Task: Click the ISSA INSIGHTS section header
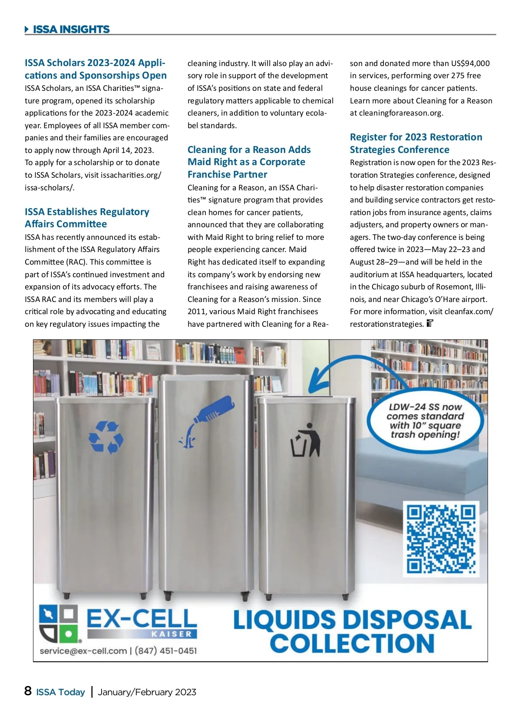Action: click(71, 30)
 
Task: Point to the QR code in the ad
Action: click(441, 539)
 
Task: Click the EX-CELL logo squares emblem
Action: click(58, 624)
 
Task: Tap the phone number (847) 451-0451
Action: click(165, 651)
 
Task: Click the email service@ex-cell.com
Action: click(83, 651)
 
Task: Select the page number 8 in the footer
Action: click(28, 691)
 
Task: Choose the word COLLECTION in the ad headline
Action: click(352, 643)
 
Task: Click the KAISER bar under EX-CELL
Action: click(171, 634)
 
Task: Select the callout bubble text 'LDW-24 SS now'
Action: click(425, 407)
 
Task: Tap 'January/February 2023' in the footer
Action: click(147, 692)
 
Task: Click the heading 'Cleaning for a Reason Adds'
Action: click(249, 149)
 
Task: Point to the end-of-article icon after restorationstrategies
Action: click(430, 323)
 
